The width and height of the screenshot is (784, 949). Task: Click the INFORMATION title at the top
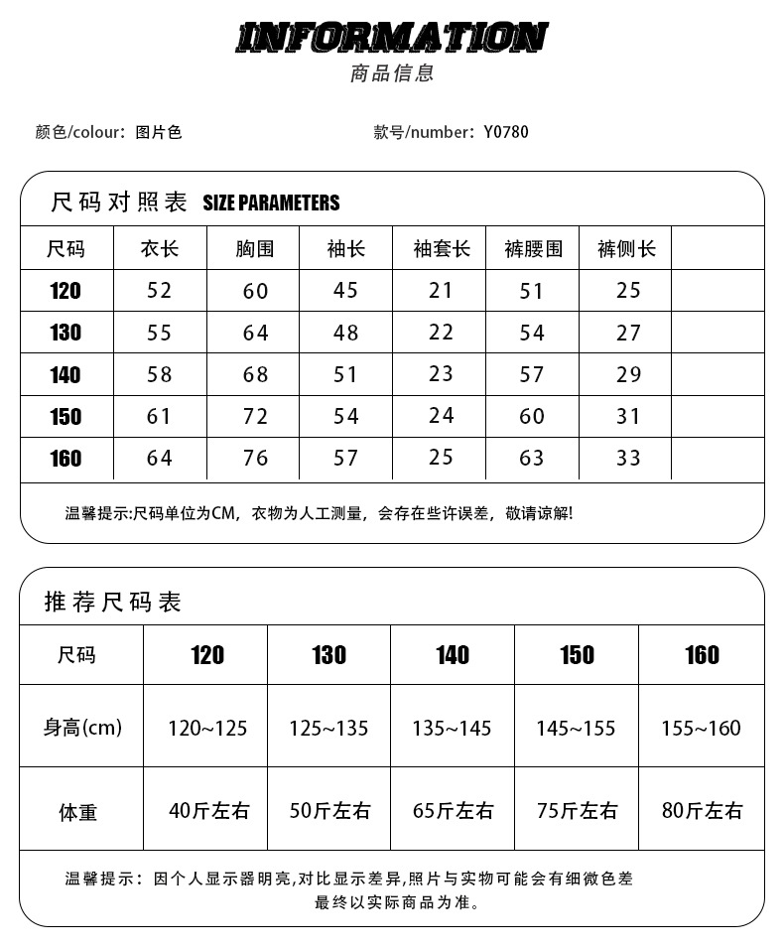(x=391, y=38)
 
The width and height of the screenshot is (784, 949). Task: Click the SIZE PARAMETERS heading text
(x=271, y=203)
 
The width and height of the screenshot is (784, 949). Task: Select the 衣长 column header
(x=159, y=249)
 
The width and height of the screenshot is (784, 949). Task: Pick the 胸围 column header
(x=255, y=249)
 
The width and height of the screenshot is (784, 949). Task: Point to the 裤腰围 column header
(x=533, y=249)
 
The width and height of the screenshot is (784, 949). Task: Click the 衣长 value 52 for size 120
(x=159, y=291)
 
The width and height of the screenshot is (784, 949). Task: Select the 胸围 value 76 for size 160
(x=255, y=458)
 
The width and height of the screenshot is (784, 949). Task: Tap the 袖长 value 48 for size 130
(x=345, y=333)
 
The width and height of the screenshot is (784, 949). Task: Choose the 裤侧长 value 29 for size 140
(x=628, y=374)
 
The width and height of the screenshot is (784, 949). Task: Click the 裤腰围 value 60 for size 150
(x=533, y=416)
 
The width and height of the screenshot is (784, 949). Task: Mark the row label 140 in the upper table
(x=65, y=375)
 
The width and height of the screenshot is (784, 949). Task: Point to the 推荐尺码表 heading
(x=113, y=602)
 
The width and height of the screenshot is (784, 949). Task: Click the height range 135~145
(x=452, y=729)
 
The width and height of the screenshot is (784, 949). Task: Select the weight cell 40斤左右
(x=208, y=810)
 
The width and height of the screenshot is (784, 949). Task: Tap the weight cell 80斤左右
(x=702, y=810)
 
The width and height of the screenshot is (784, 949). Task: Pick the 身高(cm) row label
(x=82, y=728)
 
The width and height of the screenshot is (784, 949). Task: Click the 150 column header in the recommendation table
(x=577, y=655)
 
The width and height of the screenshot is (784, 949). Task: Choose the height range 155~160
(x=701, y=729)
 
